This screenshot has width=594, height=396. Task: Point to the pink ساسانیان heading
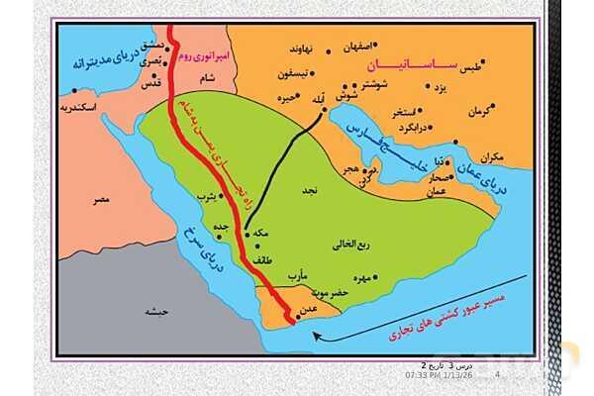407,67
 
